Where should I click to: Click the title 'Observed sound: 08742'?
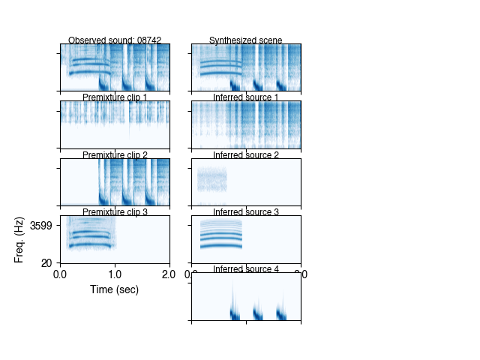pyautogui.click(x=115, y=40)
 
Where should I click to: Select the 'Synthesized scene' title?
pyautogui.click(x=246, y=40)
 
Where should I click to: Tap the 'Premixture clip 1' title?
pyautogui.click(x=115, y=97)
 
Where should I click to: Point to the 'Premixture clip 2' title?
pyautogui.click(x=115, y=155)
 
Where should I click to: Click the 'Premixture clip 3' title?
pyautogui.click(x=115, y=212)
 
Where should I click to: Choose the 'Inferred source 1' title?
pyautogui.click(x=246, y=97)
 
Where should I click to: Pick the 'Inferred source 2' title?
pyautogui.click(x=246, y=155)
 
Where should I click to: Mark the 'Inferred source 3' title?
pyautogui.click(x=246, y=212)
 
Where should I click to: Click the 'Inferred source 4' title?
pyautogui.click(x=246, y=269)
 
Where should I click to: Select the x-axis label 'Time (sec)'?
pyautogui.click(x=115, y=289)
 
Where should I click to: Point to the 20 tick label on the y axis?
pyautogui.click(x=46, y=262)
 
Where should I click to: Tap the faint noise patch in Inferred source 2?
pyautogui.click(x=211, y=180)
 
